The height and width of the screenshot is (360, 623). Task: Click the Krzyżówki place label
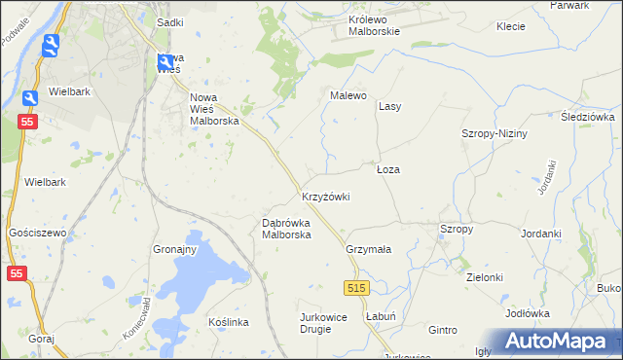(325, 197)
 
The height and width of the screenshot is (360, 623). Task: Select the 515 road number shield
(356, 288)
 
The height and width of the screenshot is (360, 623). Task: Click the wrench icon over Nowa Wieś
(165, 63)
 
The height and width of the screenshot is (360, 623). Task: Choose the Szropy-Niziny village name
(494, 133)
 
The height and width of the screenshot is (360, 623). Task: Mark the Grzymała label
(368, 249)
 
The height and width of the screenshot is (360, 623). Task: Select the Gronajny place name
(175, 249)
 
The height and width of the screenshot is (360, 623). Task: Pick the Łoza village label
(388, 169)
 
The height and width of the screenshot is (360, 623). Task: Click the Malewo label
(348, 95)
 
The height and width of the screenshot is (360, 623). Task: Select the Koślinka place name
(230, 322)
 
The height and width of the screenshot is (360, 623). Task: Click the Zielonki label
(484, 277)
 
